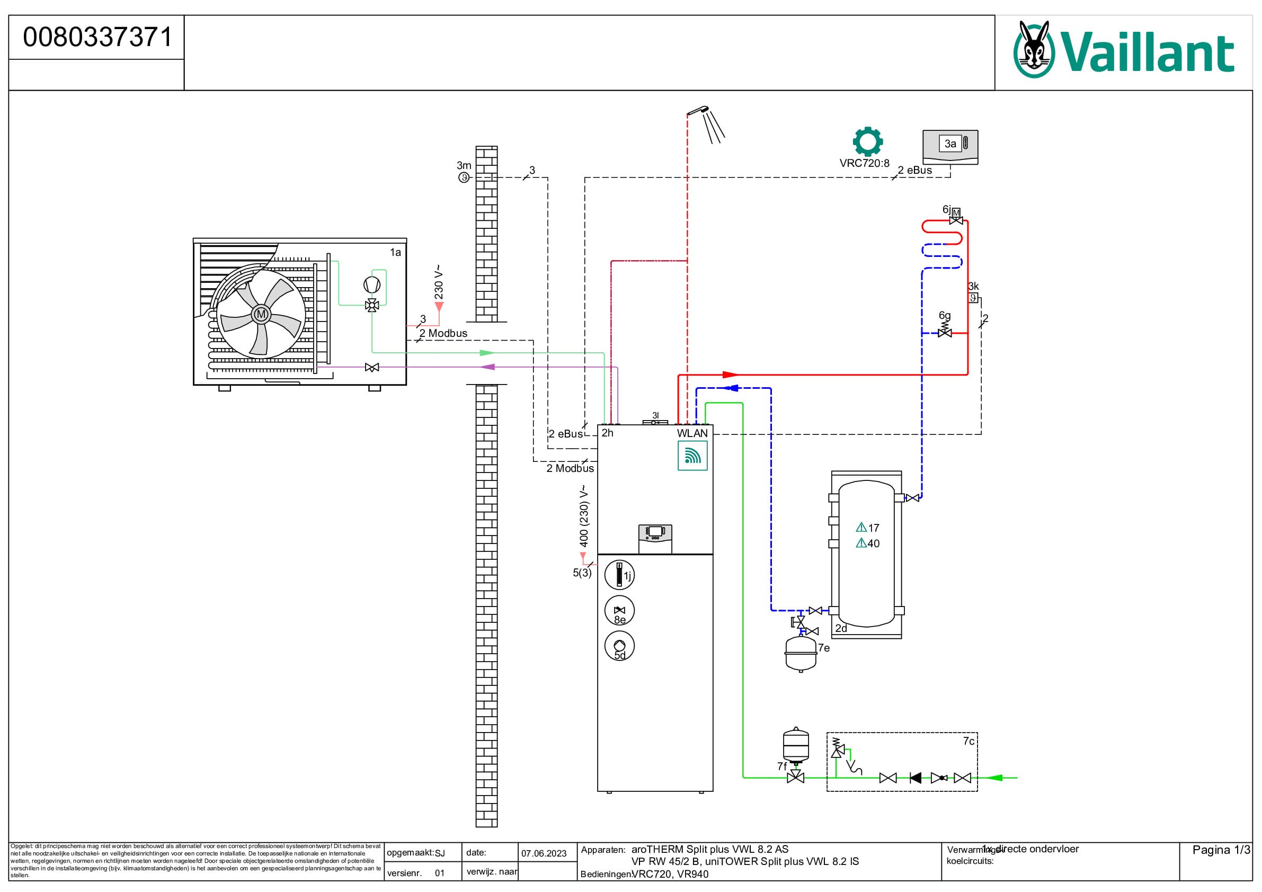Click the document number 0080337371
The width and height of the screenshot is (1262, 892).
point(97,38)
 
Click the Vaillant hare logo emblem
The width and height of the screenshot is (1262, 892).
point(1033,50)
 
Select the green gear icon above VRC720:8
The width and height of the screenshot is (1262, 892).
point(867,142)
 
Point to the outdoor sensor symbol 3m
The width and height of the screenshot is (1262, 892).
point(464,177)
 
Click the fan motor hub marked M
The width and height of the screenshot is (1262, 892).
point(261,314)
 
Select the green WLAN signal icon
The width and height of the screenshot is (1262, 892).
point(692,456)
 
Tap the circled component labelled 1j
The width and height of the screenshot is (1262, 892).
point(619,575)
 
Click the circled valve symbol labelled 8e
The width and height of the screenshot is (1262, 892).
point(619,611)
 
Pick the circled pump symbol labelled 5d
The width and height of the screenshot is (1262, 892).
point(619,646)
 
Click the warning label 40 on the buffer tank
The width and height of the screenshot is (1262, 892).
point(868,543)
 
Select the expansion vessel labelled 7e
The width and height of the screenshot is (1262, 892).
point(801,653)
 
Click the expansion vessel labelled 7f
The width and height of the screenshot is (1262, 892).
point(795,745)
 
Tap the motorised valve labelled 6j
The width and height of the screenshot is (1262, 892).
point(956,217)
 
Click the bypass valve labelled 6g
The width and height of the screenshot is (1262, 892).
point(944,332)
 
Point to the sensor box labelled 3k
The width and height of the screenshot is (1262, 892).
point(973,298)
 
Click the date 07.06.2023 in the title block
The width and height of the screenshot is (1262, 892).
point(544,853)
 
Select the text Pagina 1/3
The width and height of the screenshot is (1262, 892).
point(1221,850)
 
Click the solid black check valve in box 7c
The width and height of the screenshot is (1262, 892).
point(915,778)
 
